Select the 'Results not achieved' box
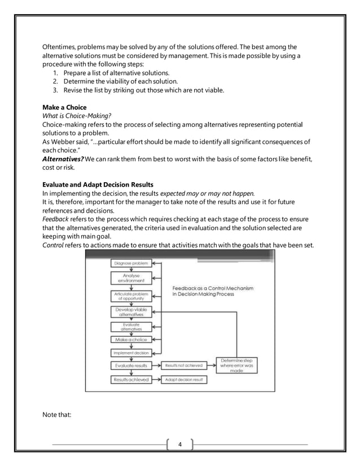(184, 366)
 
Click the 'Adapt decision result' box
(185, 380)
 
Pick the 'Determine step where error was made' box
(236, 366)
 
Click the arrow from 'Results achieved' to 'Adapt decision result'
(157, 380)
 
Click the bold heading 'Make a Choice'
(64, 107)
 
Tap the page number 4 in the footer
(180, 445)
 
